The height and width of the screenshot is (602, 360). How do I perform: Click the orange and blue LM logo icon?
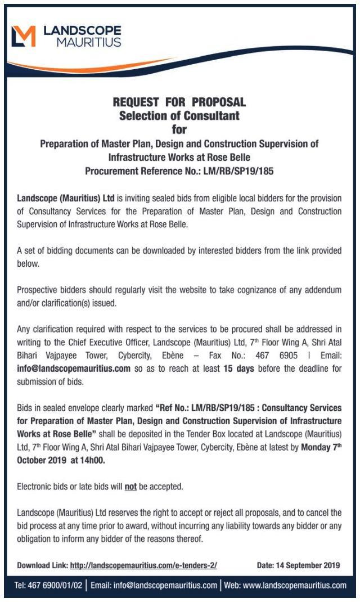coord(24,35)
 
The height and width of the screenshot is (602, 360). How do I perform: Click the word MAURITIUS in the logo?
coord(89,42)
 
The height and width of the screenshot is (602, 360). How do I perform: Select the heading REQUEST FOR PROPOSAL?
coord(179,102)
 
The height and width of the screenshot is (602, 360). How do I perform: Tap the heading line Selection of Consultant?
coord(179,116)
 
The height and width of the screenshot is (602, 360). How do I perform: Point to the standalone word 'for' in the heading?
coord(179,129)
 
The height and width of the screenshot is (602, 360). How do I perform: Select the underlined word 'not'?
coord(130,486)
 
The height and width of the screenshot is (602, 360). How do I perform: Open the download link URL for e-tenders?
coord(143,565)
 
